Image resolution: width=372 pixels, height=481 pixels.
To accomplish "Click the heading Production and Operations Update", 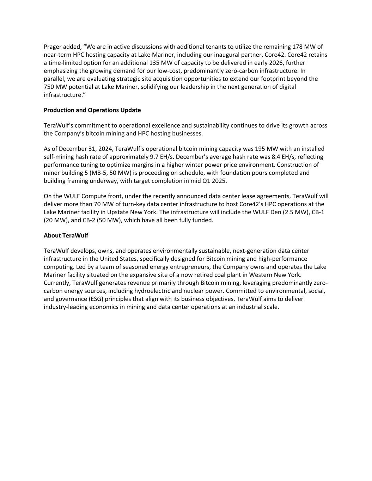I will click(92, 110).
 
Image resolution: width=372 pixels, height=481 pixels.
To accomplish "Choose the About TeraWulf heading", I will click(66, 235).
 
